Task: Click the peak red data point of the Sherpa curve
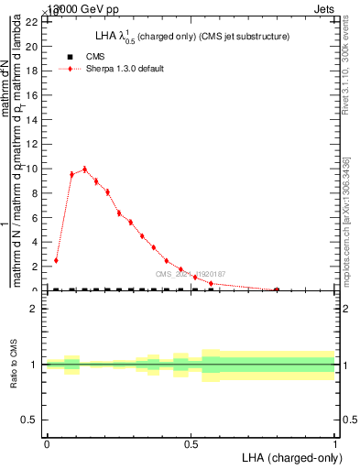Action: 85,169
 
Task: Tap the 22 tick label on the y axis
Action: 30,21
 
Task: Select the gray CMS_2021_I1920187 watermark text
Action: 190,274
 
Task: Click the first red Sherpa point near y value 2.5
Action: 57,260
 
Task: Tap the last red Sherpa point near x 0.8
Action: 277,289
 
